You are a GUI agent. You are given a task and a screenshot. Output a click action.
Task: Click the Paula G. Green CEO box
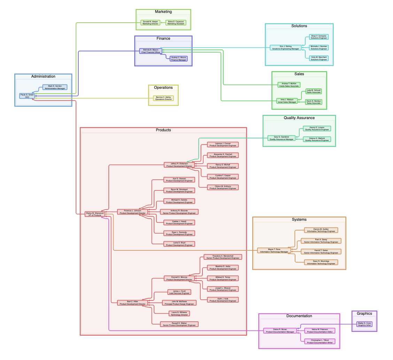pos(27,96)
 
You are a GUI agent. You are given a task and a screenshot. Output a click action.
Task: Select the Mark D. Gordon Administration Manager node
pos(55,87)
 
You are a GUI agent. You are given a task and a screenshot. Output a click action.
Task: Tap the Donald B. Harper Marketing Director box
pos(151,23)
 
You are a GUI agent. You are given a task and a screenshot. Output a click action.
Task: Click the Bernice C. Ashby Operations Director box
pos(163,98)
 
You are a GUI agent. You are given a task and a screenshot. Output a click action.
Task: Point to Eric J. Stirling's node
pos(286,47)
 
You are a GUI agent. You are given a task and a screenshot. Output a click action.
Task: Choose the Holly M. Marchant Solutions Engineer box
pos(319,58)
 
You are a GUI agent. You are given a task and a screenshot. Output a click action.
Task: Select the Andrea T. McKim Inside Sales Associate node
pos(288,85)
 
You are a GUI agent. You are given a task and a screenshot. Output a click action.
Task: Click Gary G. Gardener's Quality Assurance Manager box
pos(282,138)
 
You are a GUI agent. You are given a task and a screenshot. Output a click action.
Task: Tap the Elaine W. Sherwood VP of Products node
pos(95,214)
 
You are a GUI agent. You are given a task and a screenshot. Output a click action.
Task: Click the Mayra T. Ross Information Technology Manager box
pos(274,250)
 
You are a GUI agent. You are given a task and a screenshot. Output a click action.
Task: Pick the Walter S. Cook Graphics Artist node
pos(364,324)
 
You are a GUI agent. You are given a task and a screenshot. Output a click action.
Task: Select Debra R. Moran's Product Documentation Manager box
pos(280,330)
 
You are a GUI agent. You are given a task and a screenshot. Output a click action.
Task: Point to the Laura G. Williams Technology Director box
pos(179,313)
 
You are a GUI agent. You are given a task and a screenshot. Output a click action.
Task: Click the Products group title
pos(163,130)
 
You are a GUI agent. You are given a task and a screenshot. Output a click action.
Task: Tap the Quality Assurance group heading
pos(299,118)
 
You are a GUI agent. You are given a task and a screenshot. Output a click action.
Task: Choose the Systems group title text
pos(299,219)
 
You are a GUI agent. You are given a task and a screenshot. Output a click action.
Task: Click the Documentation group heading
pos(299,316)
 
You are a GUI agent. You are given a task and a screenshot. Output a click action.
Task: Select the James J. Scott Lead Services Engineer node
pos(179,292)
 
